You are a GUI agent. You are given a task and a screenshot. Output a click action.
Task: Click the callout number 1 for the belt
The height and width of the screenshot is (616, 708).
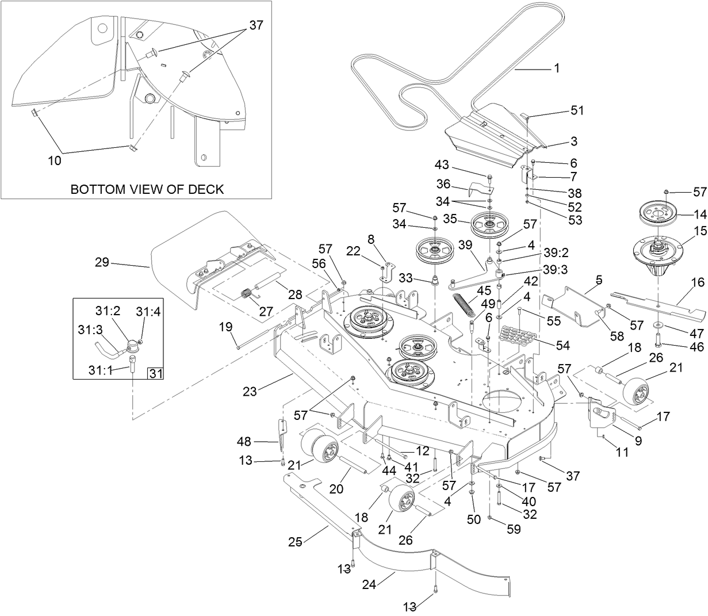click(x=556, y=68)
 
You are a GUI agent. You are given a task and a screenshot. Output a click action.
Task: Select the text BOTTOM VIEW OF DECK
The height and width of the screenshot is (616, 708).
click(x=147, y=189)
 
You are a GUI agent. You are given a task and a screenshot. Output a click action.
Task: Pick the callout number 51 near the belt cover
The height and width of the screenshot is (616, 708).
click(x=576, y=110)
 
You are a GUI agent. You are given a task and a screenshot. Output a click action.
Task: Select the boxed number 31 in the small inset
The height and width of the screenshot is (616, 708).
click(x=155, y=374)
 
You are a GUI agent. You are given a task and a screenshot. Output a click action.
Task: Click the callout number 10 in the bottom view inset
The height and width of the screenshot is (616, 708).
click(x=54, y=161)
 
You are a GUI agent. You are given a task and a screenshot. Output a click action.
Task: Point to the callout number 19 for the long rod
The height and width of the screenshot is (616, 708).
click(x=225, y=327)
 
